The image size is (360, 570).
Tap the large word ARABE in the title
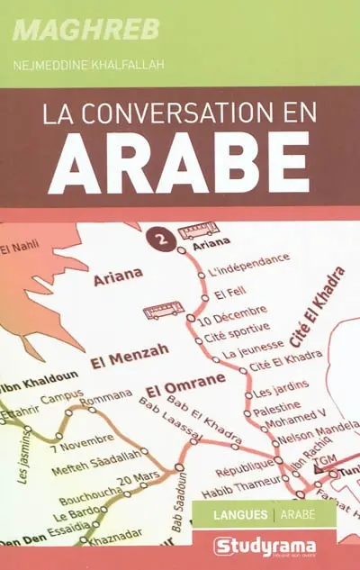click(x=179, y=166)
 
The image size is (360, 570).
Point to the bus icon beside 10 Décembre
click(x=163, y=312)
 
